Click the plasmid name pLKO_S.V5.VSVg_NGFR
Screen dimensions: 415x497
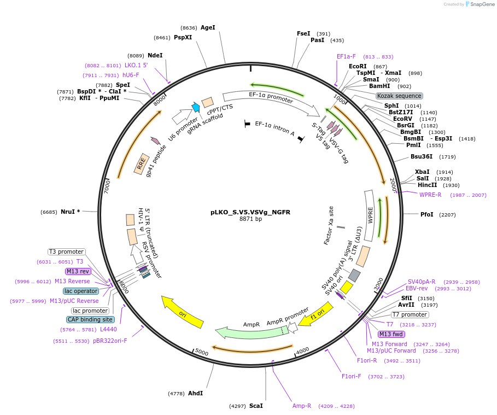click(x=250, y=212)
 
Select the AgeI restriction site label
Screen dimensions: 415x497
click(x=208, y=27)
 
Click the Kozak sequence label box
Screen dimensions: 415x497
click(x=399, y=96)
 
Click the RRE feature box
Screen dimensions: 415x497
click(x=142, y=164)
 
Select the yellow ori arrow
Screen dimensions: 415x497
click(x=183, y=312)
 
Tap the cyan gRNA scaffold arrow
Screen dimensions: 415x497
click(x=196, y=108)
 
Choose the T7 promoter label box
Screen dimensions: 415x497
click(x=410, y=314)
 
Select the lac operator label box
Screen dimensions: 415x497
click(x=81, y=291)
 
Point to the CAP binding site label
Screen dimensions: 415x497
click(x=91, y=319)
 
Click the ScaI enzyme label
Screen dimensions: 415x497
click(x=256, y=406)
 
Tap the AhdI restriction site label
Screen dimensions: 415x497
click(x=195, y=393)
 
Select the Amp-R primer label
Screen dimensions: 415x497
click(x=301, y=406)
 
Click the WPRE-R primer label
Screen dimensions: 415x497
click(x=430, y=195)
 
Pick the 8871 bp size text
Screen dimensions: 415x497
click(x=250, y=219)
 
